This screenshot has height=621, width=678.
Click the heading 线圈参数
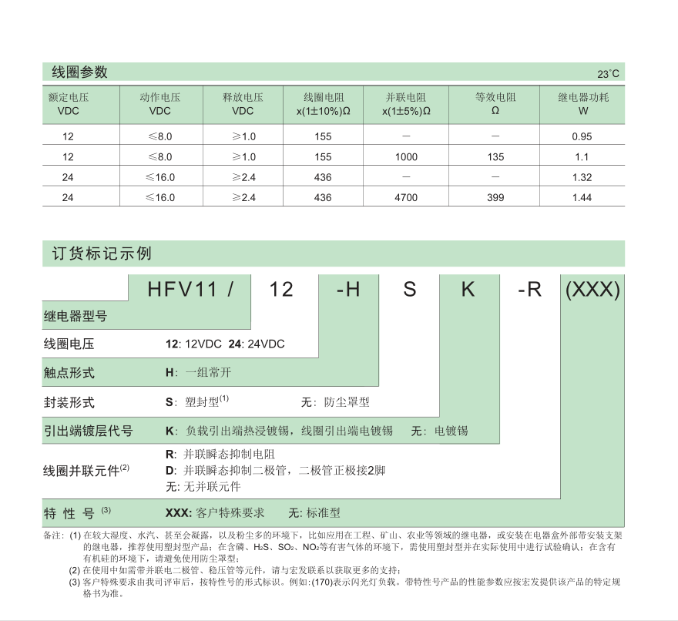[x=79, y=72]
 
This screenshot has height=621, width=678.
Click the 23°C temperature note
[x=608, y=75]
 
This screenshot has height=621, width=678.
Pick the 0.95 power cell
[x=582, y=136]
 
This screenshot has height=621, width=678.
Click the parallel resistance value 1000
[x=406, y=157]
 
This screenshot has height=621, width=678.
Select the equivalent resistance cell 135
[x=496, y=157]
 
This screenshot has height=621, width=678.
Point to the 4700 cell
[x=406, y=198]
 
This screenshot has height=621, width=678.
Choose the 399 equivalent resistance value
[x=496, y=198]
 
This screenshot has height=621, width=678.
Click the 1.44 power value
[x=582, y=198]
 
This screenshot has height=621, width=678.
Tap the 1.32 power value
[x=582, y=177]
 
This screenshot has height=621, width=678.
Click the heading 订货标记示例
[x=96, y=254]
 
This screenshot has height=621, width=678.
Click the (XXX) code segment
[x=592, y=290]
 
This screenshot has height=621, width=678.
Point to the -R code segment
[x=530, y=290]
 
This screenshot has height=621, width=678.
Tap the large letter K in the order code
[x=468, y=290]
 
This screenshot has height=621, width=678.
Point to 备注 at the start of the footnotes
[x=54, y=535]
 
